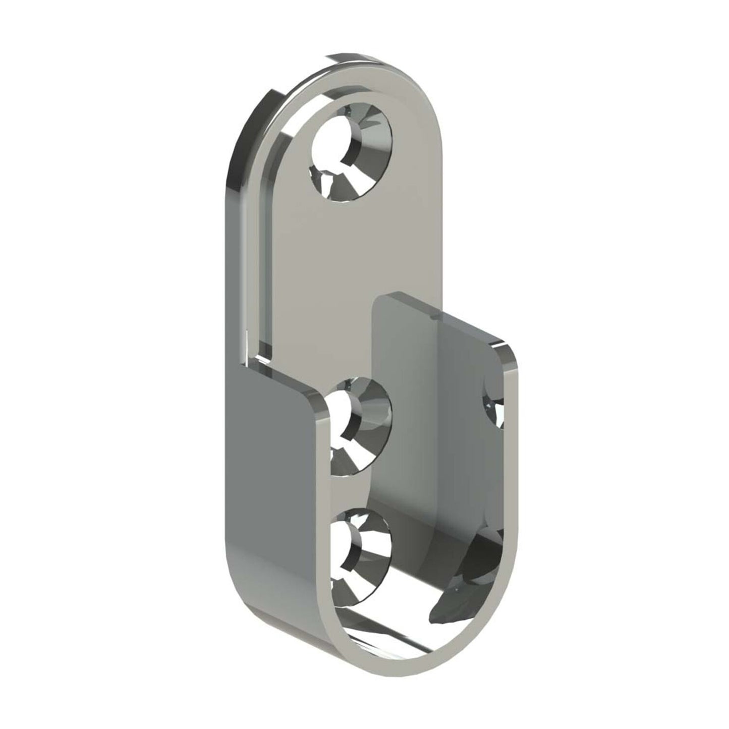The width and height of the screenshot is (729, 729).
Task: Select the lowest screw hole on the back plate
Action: [359, 547]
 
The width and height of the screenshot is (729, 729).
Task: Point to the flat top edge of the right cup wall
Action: [444, 318]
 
